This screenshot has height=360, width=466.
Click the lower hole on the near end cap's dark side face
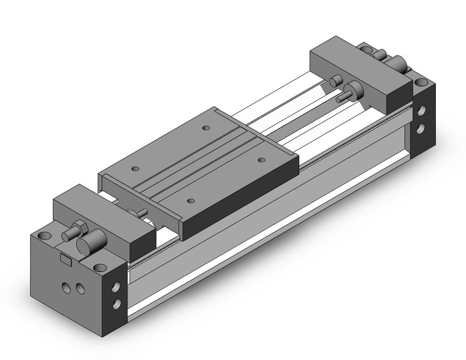115,307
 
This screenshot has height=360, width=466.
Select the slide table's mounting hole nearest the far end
206,128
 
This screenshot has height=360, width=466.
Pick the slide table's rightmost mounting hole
262,159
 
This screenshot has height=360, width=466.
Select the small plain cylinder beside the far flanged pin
335,81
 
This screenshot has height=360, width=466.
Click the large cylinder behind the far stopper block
400,63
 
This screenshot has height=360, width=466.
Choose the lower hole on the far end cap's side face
422,128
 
